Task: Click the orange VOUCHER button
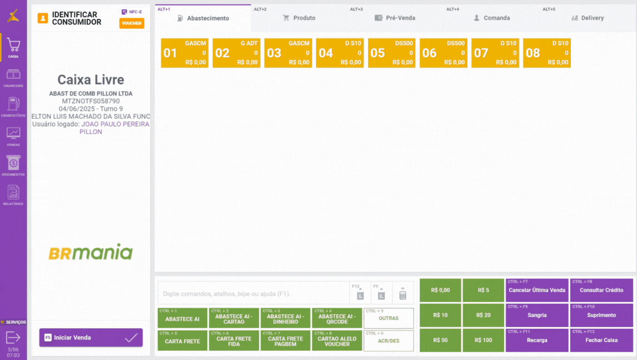pos(132,23)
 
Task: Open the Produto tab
pos(299,18)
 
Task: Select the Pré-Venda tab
pos(395,18)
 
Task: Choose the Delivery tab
pos(588,18)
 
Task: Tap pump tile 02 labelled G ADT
pos(236,53)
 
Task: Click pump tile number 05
pos(392,53)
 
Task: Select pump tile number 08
pos(547,53)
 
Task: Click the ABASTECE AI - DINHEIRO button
pos(285,318)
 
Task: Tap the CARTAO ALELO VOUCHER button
pos(337,341)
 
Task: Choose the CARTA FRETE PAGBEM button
pos(285,341)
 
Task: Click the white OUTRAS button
pos(389,318)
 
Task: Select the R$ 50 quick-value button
pos(440,340)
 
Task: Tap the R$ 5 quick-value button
pos(483,290)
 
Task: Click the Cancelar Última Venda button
pos(537,290)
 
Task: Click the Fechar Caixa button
pos(601,340)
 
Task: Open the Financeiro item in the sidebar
pos(13,78)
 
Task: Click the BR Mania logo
pos(91,252)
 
